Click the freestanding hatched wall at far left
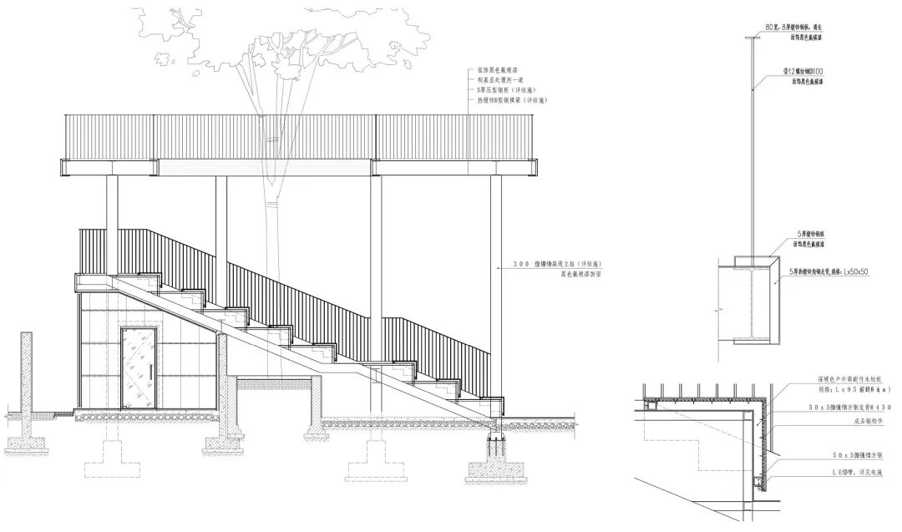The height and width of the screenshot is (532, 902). [26, 384]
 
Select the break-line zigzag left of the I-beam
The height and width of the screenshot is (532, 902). [716, 309]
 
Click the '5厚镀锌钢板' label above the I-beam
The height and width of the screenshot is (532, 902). [818, 235]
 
